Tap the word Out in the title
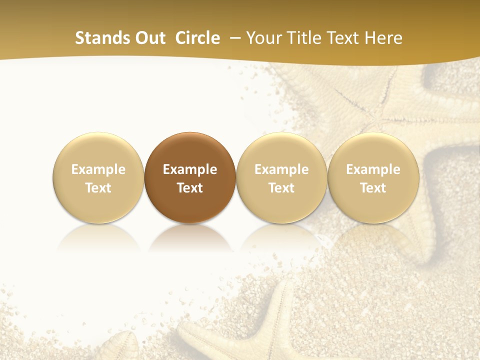point(150,38)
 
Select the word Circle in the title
point(197,38)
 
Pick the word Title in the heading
point(305,38)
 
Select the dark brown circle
point(190,178)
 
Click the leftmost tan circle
point(98,178)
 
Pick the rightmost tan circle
point(373,178)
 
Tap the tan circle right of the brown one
point(281,178)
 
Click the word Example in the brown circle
point(190,169)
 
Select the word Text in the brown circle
point(190,188)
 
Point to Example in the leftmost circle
point(98,169)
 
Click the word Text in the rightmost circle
point(373,188)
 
